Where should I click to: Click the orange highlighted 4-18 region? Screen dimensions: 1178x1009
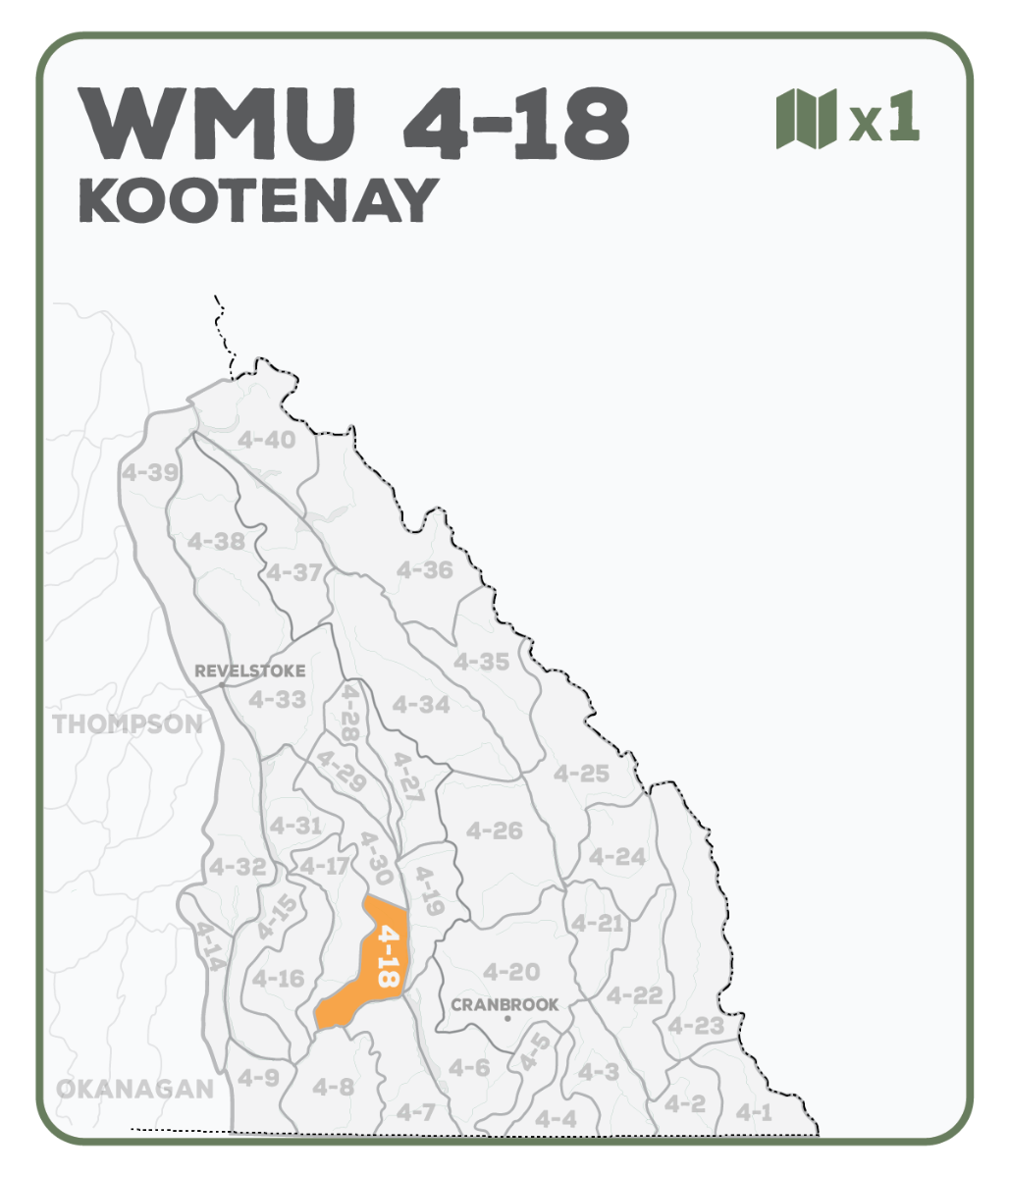coord(378,967)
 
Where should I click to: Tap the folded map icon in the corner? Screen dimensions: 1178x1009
coord(806,119)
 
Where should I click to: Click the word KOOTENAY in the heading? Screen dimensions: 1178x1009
coord(258,200)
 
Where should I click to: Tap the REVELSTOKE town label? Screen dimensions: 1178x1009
coord(250,671)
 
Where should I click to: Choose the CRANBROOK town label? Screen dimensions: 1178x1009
coord(504,1004)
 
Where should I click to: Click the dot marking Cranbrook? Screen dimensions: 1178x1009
coord(506,1019)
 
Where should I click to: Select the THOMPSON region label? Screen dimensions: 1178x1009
coord(128,724)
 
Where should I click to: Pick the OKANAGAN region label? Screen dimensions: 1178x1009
coord(134,1089)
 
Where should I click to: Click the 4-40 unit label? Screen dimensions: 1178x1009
coord(266,439)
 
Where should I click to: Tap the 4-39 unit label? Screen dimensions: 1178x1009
coord(150,472)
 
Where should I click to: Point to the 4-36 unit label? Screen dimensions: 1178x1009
coord(424,569)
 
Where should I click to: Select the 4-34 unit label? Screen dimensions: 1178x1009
coord(420,704)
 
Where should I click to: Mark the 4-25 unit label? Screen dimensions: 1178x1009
coord(581,774)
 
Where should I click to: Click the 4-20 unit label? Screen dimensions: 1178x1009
coord(511,972)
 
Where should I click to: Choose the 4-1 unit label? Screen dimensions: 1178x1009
coord(754,1112)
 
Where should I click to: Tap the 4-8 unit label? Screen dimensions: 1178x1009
coord(333,1087)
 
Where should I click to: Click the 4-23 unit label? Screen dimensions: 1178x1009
coord(695,1027)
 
